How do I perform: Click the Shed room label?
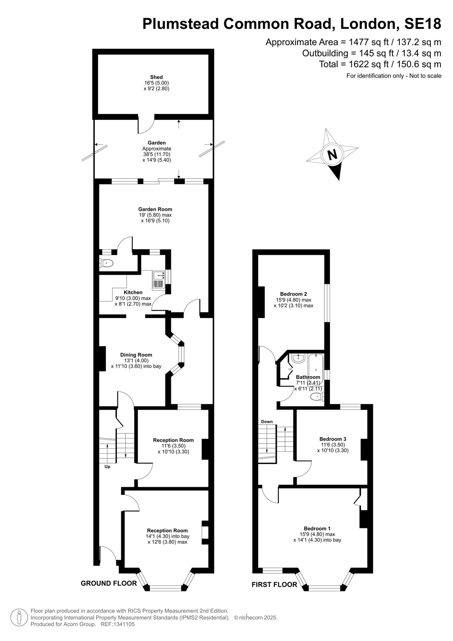(x=156, y=77)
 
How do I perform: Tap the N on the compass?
(x=332, y=155)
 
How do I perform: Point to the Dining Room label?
(x=136, y=355)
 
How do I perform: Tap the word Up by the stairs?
(x=107, y=466)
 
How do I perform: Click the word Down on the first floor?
(x=267, y=421)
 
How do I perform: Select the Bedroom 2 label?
(x=293, y=294)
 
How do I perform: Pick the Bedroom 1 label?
(x=317, y=528)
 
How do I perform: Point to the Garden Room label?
(x=155, y=209)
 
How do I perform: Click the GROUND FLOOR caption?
(x=109, y=583)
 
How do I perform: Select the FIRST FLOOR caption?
(x=274, y=585)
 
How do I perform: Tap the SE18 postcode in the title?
(x=423, y=24)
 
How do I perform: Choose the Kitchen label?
(x=133, y=292)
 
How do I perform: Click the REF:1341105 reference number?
(x=118, y=624)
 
